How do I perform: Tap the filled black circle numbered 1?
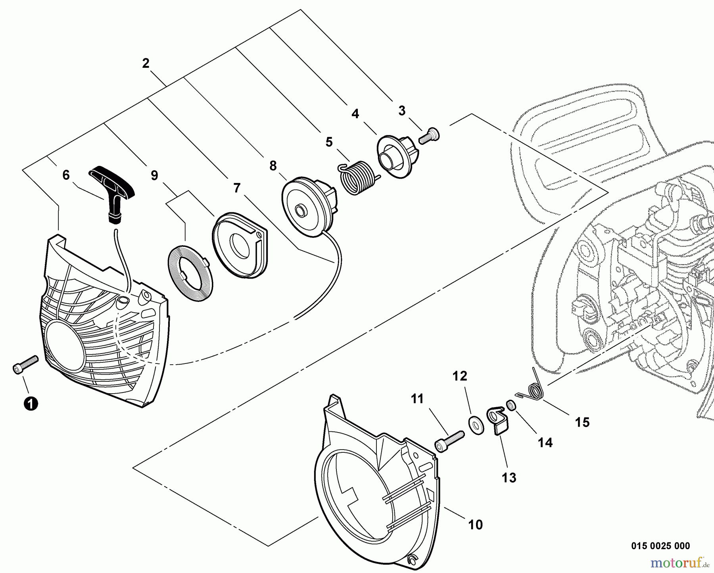click(x=31, y=403)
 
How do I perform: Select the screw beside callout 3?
click(x=429, y=136)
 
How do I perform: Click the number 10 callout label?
click(x=475, y=525)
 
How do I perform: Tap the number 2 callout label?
click(x=146, y=63)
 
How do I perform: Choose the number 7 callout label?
click(x=237, y=188)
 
